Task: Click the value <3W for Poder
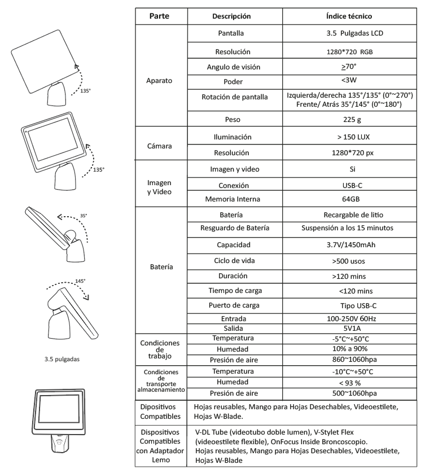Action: pos(340,80)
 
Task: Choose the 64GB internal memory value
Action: pos(340,199)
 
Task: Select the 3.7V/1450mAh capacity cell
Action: pos(340,245)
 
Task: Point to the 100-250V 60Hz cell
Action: pos(340,319)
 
